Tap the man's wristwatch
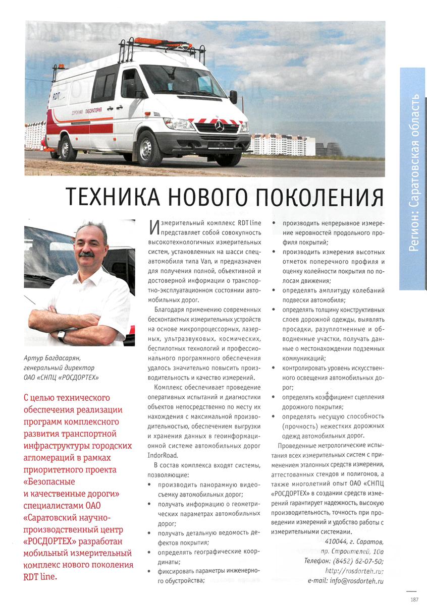(x=62, y=335)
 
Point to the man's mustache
(x=86, y=255)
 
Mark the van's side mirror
(x=233, y=96)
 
